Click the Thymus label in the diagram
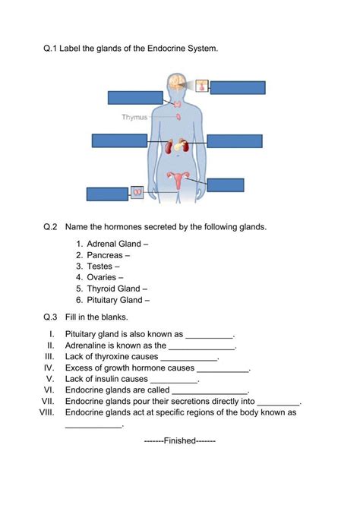pos(134,117)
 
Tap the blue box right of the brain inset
pos(238,87)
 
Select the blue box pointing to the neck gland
pos(135,97)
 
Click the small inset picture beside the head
pos(202,87)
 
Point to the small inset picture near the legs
pos(137,193)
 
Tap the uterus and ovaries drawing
pos(179,181)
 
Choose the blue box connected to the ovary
pos(226,185)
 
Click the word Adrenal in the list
pos(102,244)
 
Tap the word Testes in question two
pos(99,267)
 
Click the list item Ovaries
pos(102,277)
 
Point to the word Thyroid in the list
pos(101,289)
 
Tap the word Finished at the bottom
pos(180,440)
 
